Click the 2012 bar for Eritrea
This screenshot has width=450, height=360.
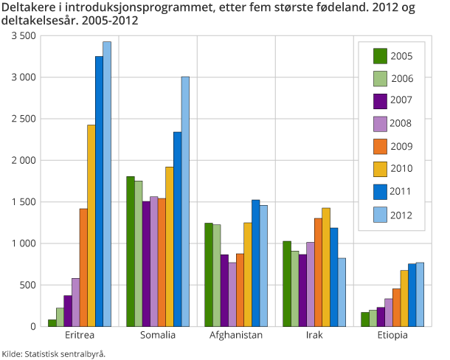[107, 184]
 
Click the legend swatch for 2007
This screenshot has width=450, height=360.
[381, 101]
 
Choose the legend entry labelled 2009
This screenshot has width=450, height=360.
[401, 147]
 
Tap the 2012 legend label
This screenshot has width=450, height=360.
[401, 215]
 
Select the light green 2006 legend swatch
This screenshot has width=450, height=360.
[381, 78]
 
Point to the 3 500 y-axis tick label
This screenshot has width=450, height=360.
[23, 35]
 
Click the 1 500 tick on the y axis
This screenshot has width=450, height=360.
[23, 201]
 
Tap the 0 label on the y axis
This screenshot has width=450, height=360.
[32, 326]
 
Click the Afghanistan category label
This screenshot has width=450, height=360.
[236, 335]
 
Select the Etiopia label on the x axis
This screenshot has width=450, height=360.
[392, 335]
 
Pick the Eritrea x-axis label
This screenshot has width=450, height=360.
[80, 335]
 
